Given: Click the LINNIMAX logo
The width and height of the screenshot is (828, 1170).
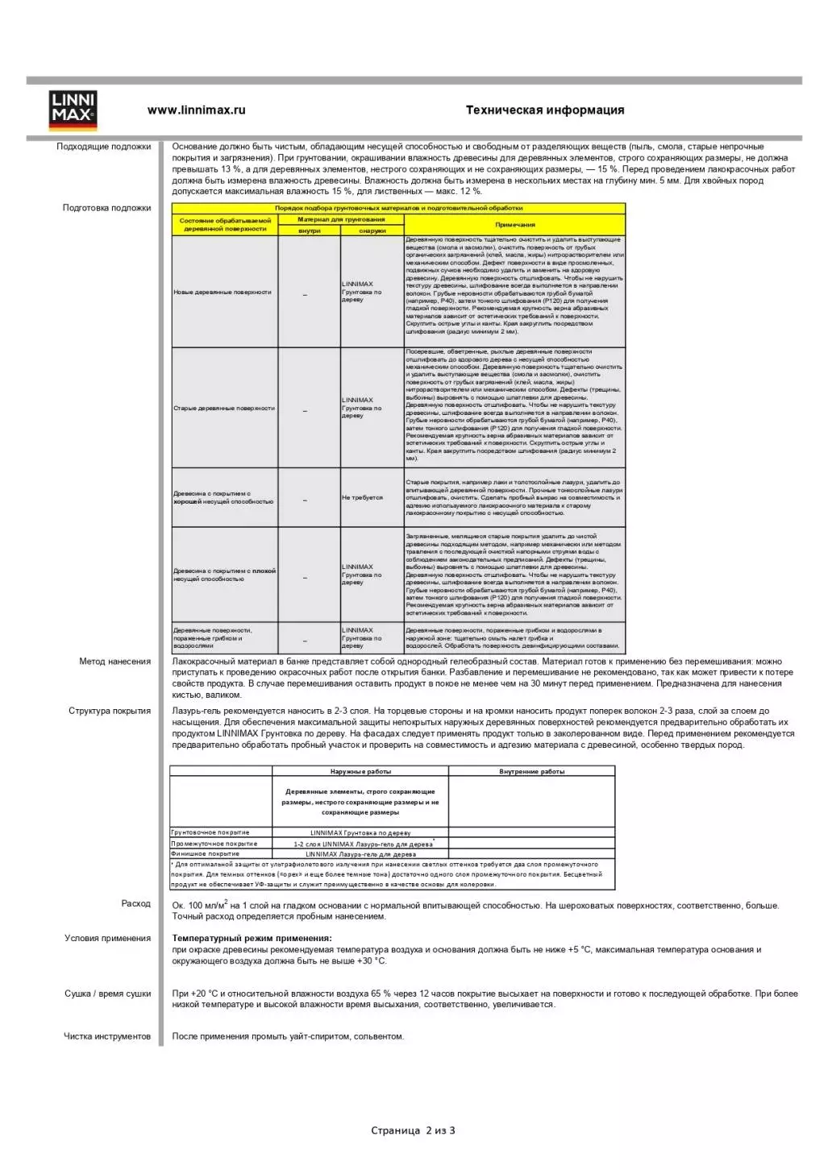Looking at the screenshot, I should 73,110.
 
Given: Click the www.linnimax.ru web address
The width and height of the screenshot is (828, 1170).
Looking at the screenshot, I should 196,110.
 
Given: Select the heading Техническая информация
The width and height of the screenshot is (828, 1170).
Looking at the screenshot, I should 544,110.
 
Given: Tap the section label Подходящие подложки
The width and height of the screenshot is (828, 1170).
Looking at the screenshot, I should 103,147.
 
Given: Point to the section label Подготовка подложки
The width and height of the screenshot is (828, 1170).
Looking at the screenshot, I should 106,208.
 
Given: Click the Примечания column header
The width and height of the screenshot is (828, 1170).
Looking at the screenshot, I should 514,225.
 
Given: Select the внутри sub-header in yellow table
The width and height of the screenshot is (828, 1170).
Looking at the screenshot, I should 309,230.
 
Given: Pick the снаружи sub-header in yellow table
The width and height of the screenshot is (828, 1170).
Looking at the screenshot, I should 372,230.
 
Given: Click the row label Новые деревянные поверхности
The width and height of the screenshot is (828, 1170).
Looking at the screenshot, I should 223,292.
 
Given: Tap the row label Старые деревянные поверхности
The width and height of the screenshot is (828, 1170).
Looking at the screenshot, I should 224,409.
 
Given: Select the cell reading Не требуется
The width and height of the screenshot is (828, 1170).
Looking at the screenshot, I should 362,497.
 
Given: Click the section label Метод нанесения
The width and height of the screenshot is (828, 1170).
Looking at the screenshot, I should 114,662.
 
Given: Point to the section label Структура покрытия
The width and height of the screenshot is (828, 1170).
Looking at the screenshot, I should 110,711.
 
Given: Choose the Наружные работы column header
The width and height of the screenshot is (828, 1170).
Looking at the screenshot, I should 360,772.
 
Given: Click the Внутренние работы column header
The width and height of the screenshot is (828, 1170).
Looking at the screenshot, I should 531,772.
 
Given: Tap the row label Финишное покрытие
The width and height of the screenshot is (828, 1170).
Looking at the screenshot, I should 206,853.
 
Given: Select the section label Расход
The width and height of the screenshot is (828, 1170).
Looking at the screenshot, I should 135,903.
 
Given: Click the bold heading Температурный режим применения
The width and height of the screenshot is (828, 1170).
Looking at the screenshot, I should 252,938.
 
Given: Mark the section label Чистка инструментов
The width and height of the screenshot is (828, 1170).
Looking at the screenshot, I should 107,1036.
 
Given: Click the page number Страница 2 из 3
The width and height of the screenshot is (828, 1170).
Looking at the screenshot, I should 413,1131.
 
